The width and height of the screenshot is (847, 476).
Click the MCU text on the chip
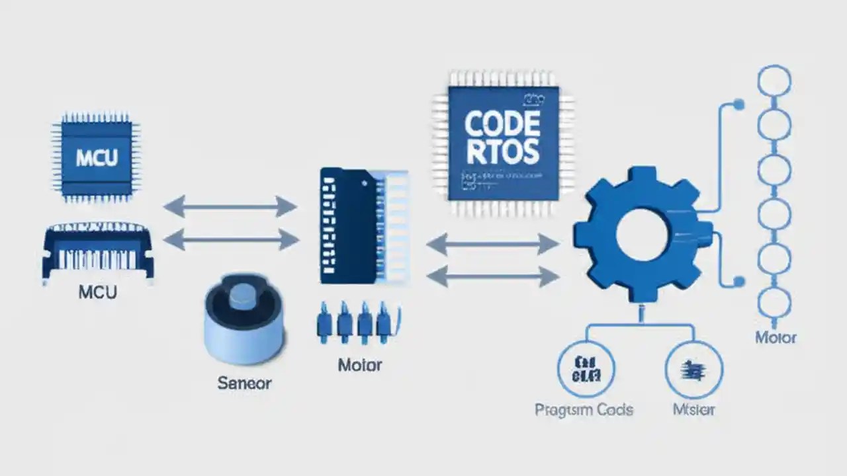97,158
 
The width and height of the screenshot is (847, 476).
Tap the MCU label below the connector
98,292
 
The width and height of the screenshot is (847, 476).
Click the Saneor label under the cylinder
244,383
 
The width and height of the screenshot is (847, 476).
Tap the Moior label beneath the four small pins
359,365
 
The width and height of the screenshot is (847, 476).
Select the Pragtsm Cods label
584,409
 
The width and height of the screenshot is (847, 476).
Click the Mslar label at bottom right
693,409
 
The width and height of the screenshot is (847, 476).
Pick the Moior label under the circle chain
776,338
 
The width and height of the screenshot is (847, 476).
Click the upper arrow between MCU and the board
230,207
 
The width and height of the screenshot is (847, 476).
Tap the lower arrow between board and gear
492,276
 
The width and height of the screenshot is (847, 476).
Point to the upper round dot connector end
739,104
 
